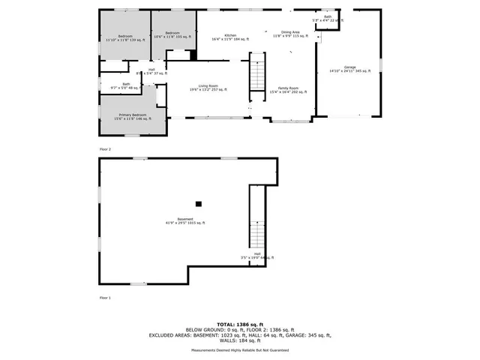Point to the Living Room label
pos(208,88)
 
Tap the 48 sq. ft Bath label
pos(126,85)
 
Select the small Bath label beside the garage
pos(328,18)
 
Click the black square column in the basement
pos(199,203)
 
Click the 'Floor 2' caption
pos(105,150)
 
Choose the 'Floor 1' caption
pos(105,298)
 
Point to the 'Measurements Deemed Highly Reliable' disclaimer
pos(239,350)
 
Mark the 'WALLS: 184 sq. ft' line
pos(239,341)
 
